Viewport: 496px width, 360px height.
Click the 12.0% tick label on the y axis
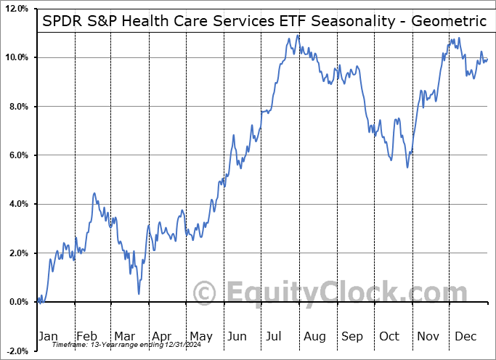[x=15, y=9]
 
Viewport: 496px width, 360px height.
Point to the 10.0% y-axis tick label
[x=15, y=57]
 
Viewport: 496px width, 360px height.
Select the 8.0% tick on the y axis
[x=16, y=107]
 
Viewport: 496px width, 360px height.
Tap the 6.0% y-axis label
[x=16, y=155]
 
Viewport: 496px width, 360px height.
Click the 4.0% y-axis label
[x=16, y=204]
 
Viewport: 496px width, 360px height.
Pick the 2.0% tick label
[x=16, y=253]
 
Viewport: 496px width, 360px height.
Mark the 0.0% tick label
[x=16, y=302]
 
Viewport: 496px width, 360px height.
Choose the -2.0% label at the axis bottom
[x=15, y=351]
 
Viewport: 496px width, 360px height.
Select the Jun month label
[x=237, y=336]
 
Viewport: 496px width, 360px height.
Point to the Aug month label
[x=314, y=336]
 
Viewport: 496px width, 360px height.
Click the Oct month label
[x=389, y=336]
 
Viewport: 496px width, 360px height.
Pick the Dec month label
[x=465, y=336]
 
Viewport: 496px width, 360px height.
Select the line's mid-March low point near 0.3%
[x=138, y=293]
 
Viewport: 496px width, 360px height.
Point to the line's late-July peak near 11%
[x=298, y=35]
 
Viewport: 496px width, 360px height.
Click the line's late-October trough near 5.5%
[x=407, y=168]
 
